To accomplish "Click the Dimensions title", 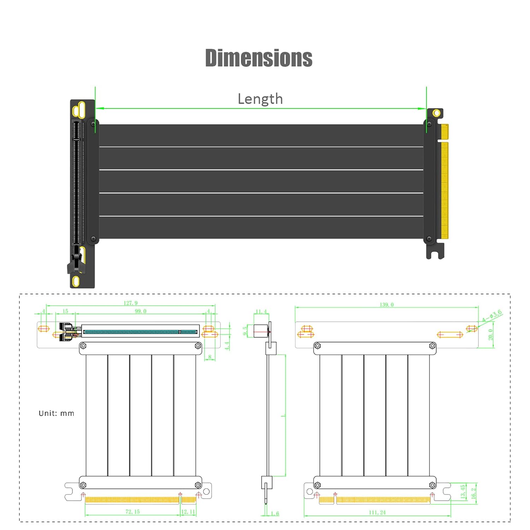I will pyautogui.click(x=259, y=58).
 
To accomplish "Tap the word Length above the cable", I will pyautogui.click(x=260, y=99).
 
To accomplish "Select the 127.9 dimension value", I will pyautogui.click(x=130, y=303).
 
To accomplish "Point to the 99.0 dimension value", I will pyautogui.click(x=140, y=311).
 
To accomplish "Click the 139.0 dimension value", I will pyautogui.click(x=387, y=304).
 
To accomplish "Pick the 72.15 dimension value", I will pyautogui.click(x=132, y=512).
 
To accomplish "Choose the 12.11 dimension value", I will pyautogui.click(x=188, y=512).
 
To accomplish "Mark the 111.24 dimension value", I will pyautogui.click(x=377, y=512).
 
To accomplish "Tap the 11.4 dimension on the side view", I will pyautogui.click(x=261, y=311).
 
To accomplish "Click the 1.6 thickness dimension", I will pyautogui.click(x=275, y=513).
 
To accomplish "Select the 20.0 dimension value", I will pyautogui.click(x=490, y=334).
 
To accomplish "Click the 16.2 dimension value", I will pyautogui.click(x=473, y=493).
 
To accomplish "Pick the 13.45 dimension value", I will pyautogui.click(x=463, y=491).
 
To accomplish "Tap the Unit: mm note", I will pyautogui.click(x=57, y=413).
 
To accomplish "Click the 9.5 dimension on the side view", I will pyautogui.click(x=245, y=331).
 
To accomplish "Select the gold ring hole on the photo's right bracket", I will pyautogui.click(x=437, y=113).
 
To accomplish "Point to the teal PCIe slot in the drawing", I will pyautogui.click(x=140, y=332).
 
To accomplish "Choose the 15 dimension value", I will pyautogui.click(x=65, y=311).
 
